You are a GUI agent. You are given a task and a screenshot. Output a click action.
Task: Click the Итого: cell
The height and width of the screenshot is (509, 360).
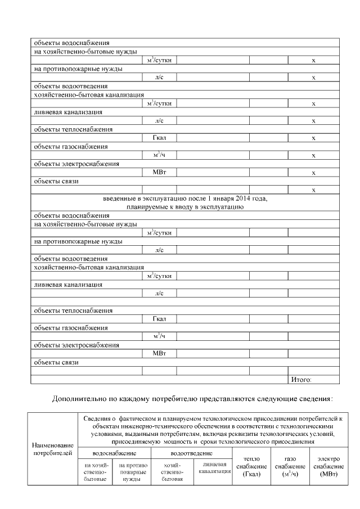(301, 380)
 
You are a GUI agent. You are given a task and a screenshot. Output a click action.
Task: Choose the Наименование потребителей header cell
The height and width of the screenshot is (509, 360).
(53, 448)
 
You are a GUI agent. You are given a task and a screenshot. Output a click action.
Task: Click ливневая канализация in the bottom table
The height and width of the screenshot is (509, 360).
(213, 468)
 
